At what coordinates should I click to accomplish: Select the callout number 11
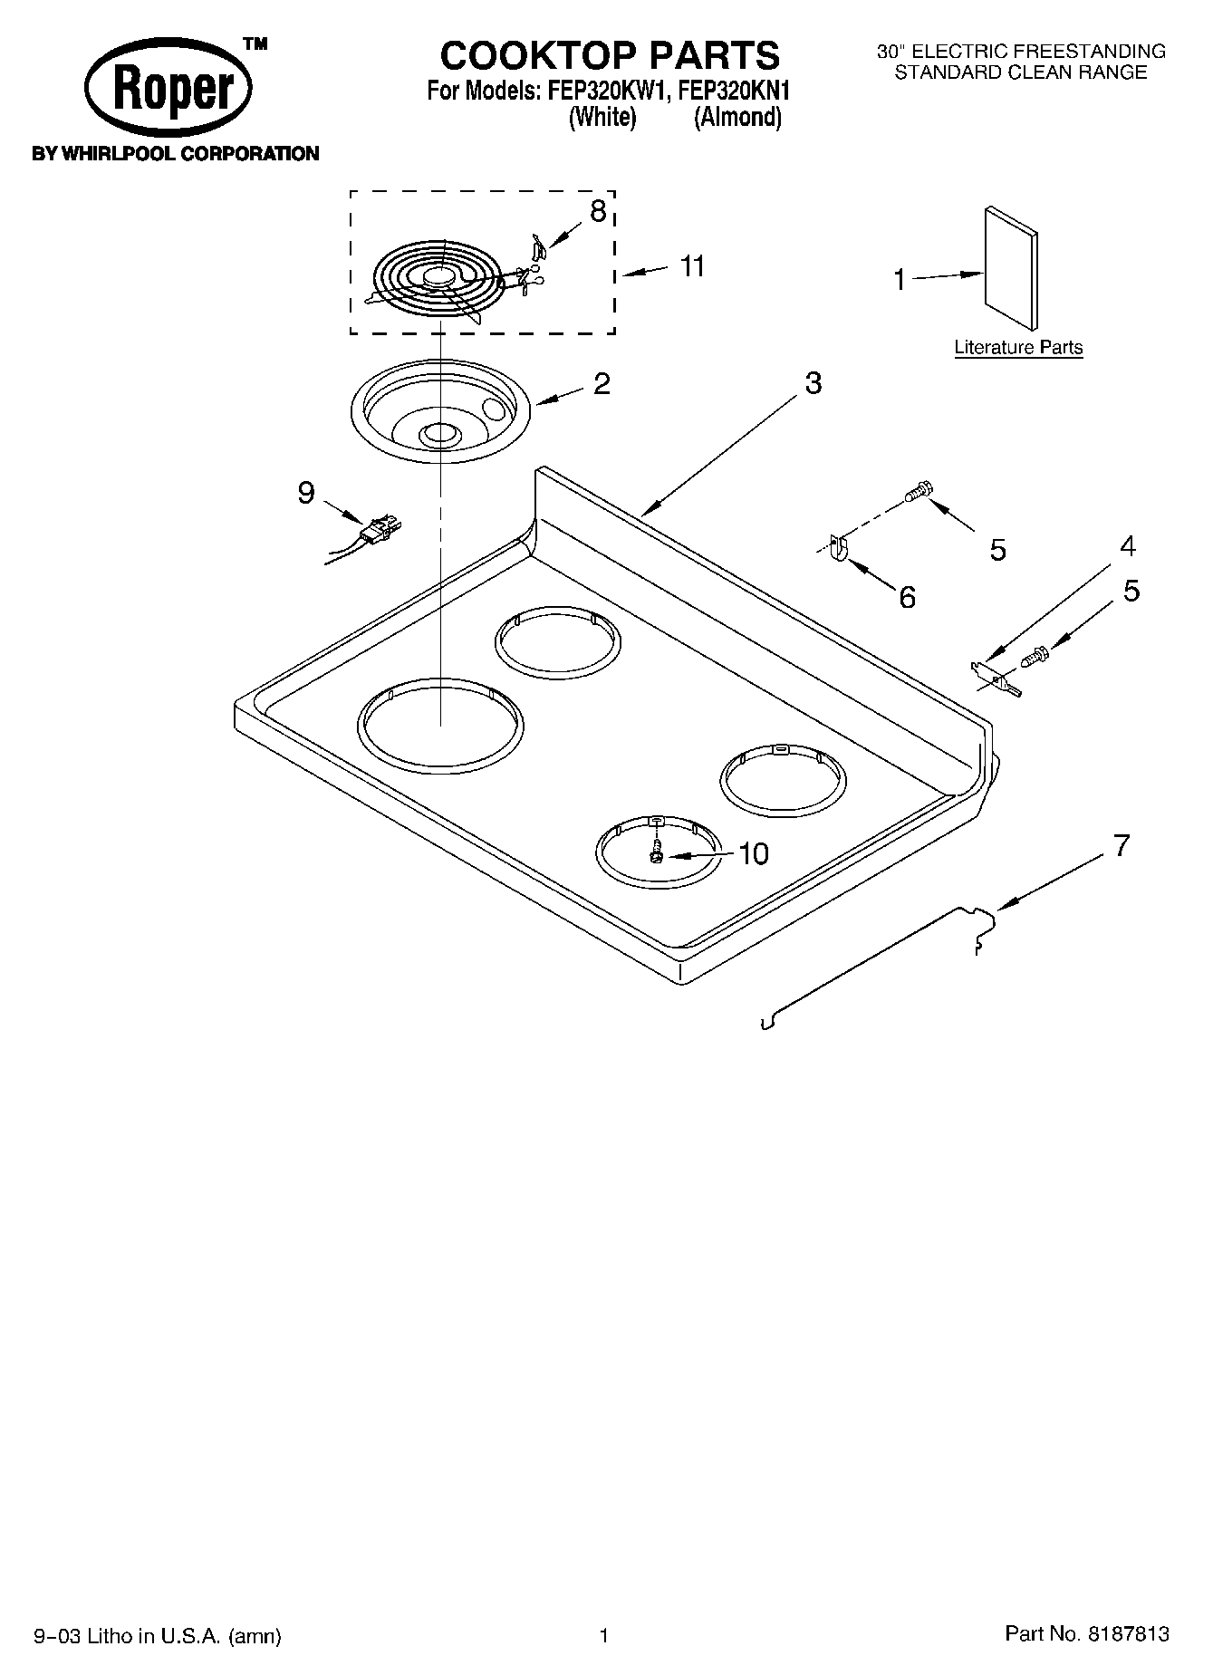(692, 266)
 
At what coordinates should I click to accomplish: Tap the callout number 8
(598, 212)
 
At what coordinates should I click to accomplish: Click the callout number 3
(813, 383)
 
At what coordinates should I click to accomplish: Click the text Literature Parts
(1018, 347)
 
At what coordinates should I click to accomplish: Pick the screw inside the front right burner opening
(657, 853)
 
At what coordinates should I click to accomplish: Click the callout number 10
(753, 853)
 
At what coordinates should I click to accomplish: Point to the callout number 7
(1122, 846)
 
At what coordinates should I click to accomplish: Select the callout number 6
(907, 597)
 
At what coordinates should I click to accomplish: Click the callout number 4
(1127, 546)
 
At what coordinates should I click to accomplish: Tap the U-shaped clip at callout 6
(837, 548)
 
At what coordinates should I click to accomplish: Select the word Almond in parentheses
(737, 117)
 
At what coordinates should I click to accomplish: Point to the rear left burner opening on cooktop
(558, 642)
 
